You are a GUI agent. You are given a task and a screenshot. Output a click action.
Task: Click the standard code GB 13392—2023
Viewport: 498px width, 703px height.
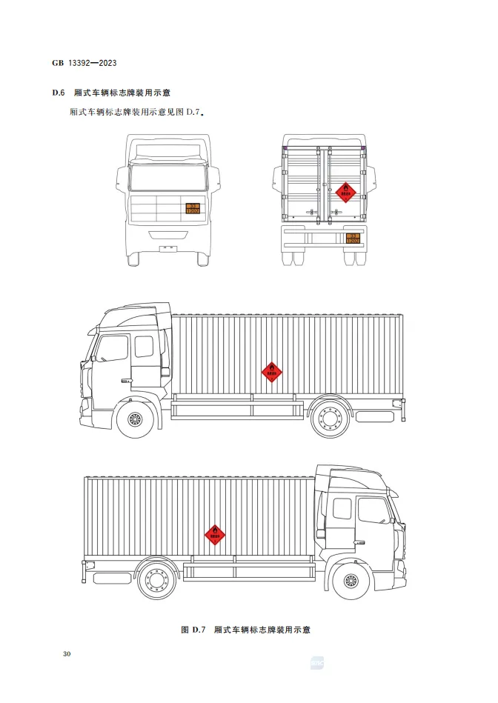pos(84,62)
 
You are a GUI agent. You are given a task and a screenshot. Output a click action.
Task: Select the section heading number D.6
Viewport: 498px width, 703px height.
pos(59,93)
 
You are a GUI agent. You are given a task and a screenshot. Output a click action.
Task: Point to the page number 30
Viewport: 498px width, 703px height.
pos(67,654)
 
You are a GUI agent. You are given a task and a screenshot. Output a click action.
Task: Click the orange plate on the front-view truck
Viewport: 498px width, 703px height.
pos(192,208)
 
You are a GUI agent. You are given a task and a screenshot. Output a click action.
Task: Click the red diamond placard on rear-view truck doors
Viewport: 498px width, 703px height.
pos(345,193)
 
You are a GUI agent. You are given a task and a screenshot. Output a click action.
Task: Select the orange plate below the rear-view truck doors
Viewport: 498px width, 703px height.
pos(353,238)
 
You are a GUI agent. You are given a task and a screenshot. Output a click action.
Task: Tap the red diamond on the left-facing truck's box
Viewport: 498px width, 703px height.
pos(272,372)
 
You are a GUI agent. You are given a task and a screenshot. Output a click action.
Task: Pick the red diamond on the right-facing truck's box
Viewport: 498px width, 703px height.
pos(215,533)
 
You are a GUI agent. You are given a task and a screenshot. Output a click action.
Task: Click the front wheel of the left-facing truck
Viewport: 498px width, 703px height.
pos(136,419)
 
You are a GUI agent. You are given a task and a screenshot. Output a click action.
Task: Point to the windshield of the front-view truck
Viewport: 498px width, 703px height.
pos(167,179)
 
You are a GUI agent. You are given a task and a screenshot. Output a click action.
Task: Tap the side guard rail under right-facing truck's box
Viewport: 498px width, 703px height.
pos(248,570)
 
